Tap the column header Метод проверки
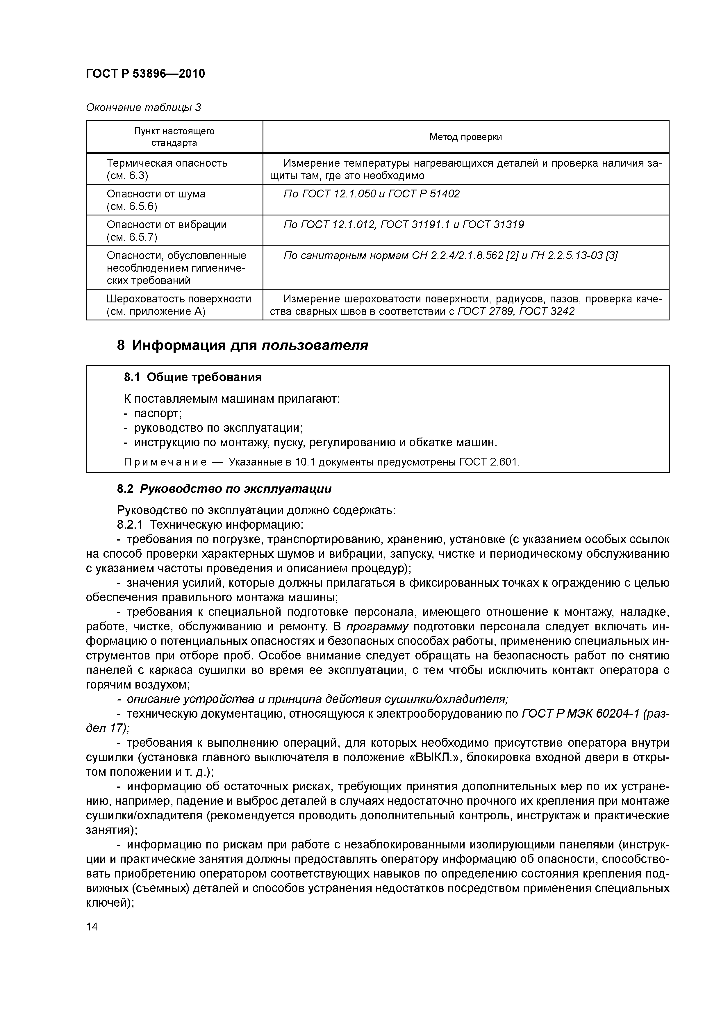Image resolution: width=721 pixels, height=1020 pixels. (x=465, y=137)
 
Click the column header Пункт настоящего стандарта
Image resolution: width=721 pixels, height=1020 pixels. (x=174, y=137)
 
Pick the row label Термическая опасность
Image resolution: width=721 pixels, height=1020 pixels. (x=167, y=163)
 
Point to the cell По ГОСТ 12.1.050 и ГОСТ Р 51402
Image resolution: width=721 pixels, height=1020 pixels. (x=371, y=194)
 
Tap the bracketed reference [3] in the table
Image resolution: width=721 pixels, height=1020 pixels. (x=611, y=256)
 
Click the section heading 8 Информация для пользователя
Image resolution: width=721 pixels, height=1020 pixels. (x=242, y=345)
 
